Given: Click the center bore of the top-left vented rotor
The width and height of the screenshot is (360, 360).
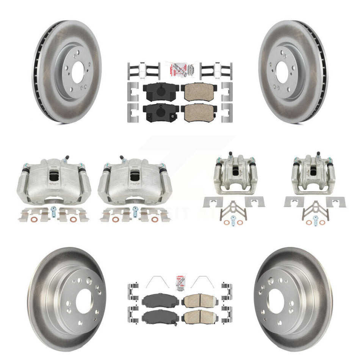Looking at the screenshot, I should [77, 70].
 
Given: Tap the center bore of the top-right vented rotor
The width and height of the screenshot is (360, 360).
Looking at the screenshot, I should [282, 70].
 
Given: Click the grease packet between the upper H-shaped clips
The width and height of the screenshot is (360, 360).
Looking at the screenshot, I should [180, 70].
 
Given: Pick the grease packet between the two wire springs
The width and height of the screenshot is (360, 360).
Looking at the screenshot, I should [180, 282].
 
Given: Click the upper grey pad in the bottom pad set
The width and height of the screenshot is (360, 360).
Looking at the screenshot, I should [161, 302].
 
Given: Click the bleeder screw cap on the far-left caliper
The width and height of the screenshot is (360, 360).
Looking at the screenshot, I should [66, 157].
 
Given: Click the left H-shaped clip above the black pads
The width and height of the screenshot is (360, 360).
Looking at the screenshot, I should [142, 70].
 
